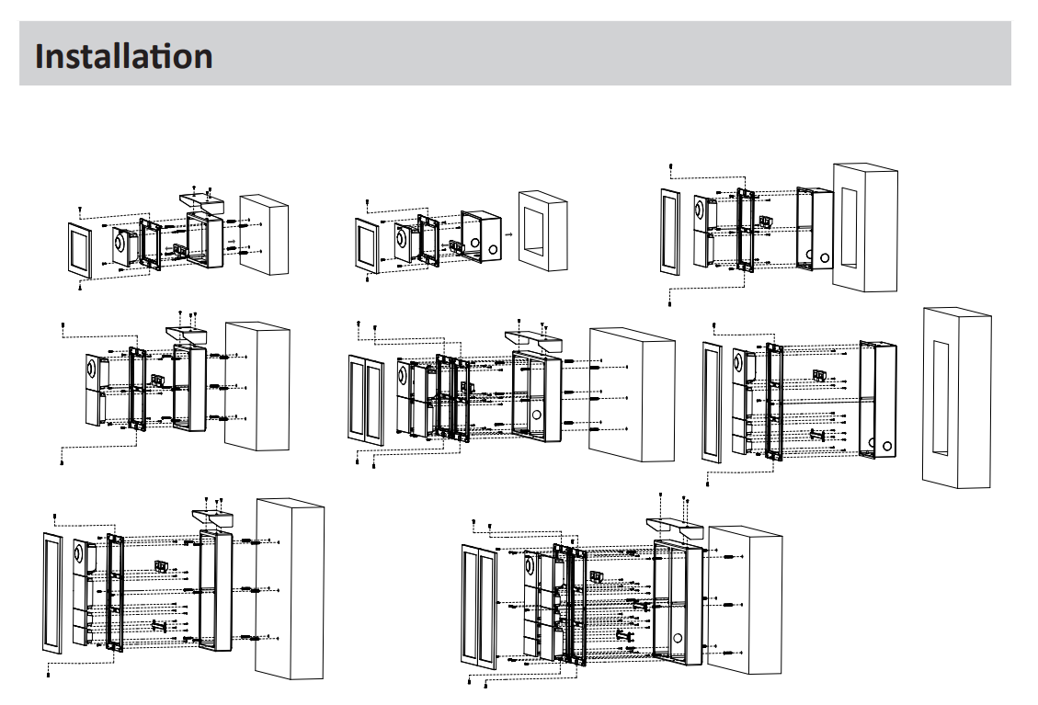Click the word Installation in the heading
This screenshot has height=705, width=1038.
tap(123, 55)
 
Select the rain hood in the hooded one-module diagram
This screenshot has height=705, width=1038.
tap(199, 199)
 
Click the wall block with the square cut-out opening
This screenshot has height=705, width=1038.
tap(543, 230)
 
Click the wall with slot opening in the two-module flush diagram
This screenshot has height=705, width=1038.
tap(864, 227)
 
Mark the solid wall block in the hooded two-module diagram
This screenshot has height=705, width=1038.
tap(257, 386)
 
